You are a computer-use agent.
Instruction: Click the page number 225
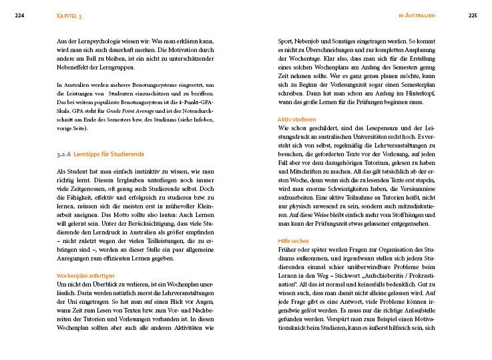[x=472, y=15]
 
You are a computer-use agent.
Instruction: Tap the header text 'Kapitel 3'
[x=69, y=15]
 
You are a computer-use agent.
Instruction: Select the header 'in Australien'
[x=417, y=15]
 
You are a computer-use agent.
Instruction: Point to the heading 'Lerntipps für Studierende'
[x=107, y=154]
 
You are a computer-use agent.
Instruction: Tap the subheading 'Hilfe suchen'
[x=294, y=240]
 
